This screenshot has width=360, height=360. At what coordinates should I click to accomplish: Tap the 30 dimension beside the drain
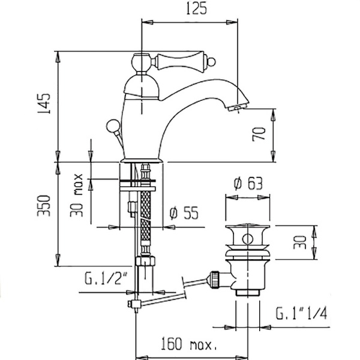click(303, 242)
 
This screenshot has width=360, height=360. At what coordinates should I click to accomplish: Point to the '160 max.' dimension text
click(187, 346)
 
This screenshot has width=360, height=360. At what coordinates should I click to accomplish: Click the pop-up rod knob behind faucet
click(112, 126)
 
